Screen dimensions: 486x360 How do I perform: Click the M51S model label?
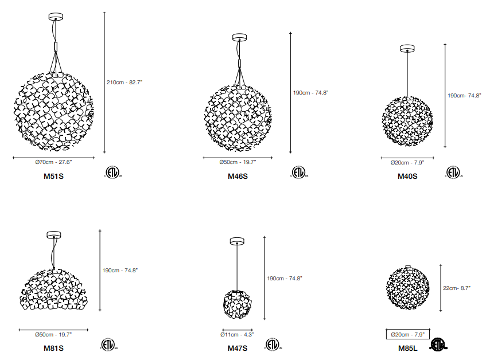[x=53, y=176]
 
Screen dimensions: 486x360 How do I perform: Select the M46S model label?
[x=238, y=176]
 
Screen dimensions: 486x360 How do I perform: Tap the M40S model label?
[x=407, y=176]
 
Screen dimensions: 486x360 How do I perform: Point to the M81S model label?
[x=53, y=348]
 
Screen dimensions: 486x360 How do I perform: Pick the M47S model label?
[x=238, y=348]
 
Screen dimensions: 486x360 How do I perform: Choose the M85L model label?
[x=407, y=348]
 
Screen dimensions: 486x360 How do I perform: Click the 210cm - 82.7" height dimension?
[x=125, y=83]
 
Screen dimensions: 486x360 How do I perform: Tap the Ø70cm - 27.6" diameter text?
[x=53, y=162]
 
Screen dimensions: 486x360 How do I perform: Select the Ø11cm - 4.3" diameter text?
[x=237, y=335]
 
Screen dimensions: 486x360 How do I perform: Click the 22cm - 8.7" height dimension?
[x=457, y=288]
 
